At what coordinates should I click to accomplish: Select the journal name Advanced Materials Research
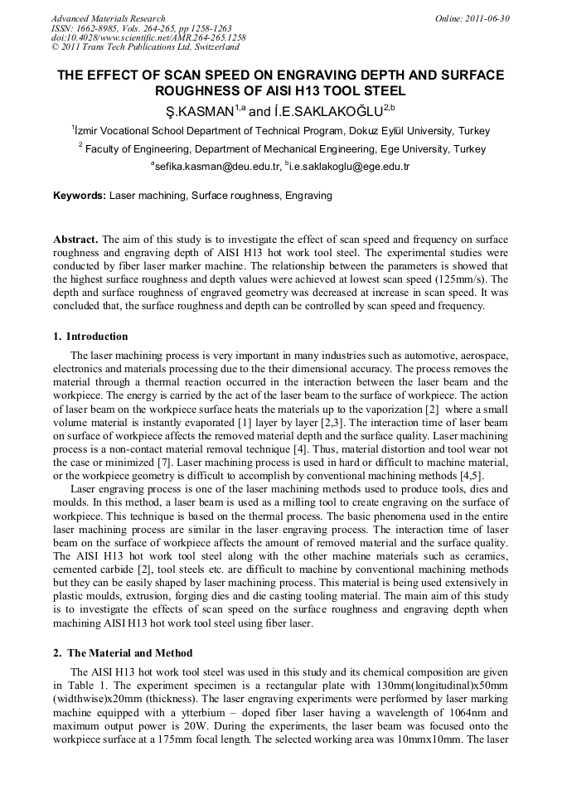coord(108,18)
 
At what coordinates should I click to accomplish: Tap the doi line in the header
coord(148,38)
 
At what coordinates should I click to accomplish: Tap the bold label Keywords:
coord(79,196)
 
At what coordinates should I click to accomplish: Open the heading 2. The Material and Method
coord(123,653)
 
